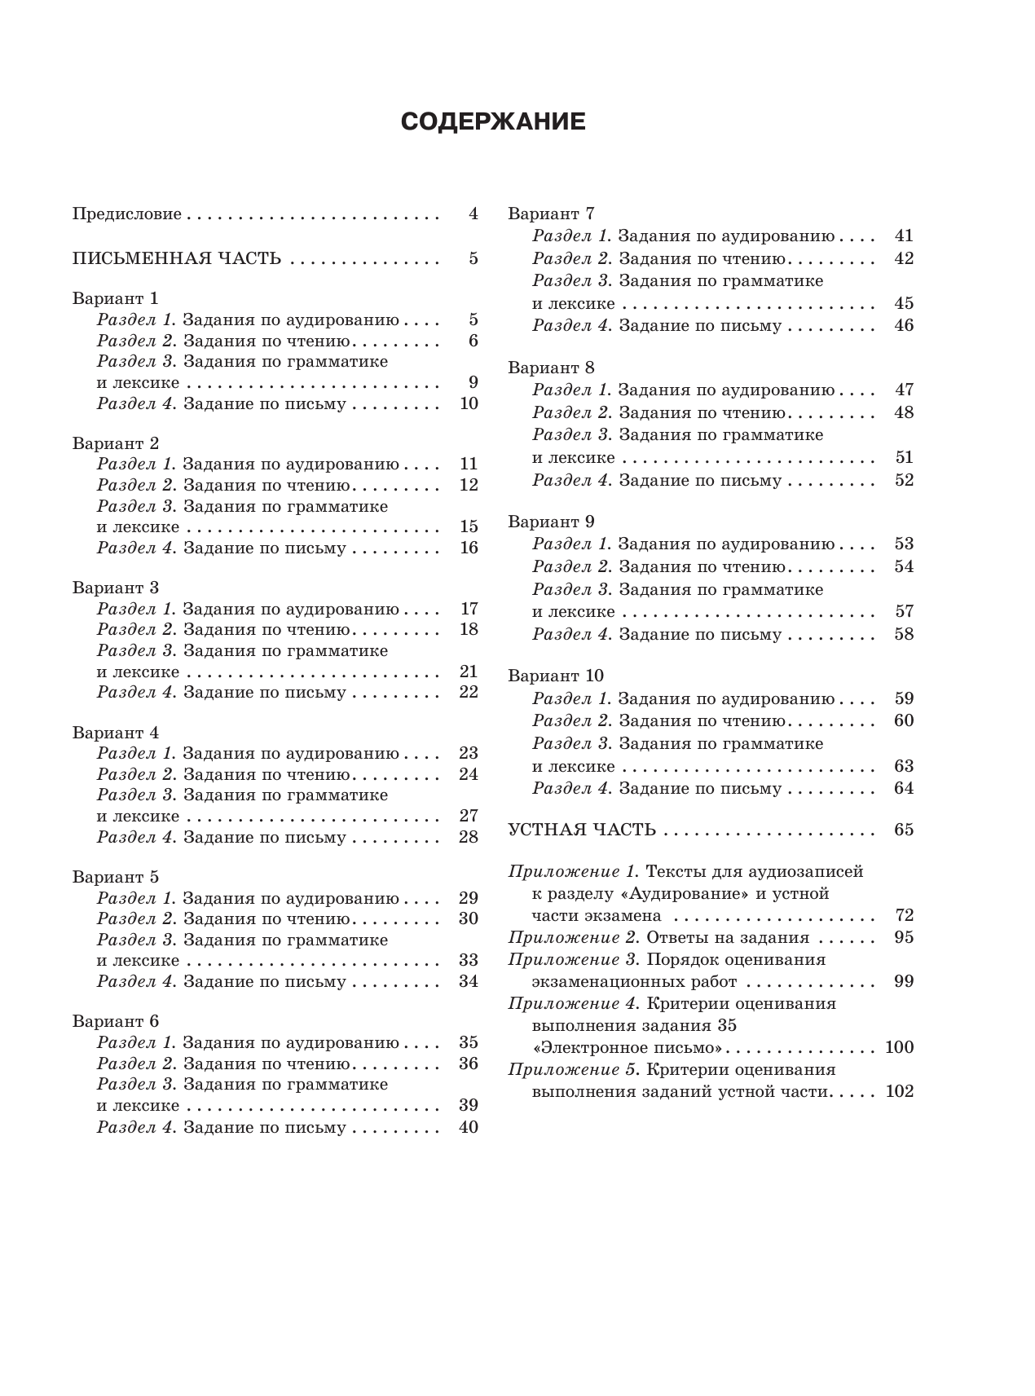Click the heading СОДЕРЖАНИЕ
coord(493,121)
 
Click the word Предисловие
coord(126,214)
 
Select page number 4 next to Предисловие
coord(473,214)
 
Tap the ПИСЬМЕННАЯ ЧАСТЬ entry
coord(177,259)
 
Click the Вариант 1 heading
coord(115,298)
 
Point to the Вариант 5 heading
coord(115,878)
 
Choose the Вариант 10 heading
coord(556,676)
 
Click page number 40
coord(469,1127)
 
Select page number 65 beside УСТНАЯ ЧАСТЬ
coord(904,830)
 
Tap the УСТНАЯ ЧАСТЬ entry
coord(582,830)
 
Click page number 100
coord(900,1047)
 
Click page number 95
coord(904,937)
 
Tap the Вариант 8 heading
coord(551,368)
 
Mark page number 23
coord(469,753)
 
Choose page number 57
coord(904,611)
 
